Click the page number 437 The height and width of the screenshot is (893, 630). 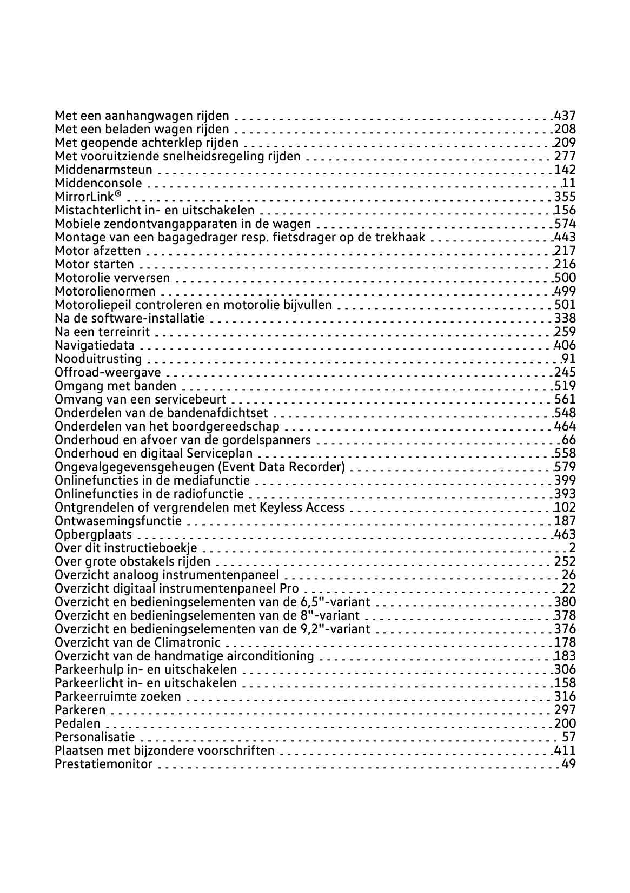(565, 116)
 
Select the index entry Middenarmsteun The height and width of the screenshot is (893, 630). (103, 170)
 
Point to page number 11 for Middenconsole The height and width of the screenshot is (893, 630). (569, 183)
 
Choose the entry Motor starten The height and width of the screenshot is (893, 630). (94, 264)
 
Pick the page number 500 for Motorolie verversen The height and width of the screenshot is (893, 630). (565, 278)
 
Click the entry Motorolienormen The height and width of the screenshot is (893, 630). (105, 291)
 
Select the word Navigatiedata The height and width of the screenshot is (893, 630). (95, 345)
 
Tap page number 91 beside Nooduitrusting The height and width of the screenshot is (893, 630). (569, 359)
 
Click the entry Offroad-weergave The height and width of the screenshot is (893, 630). (108, 372)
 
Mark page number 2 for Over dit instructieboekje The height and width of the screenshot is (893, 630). (572, 548)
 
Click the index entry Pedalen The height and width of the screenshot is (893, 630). (77, 723)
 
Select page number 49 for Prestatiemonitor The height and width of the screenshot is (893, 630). (569, 764)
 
